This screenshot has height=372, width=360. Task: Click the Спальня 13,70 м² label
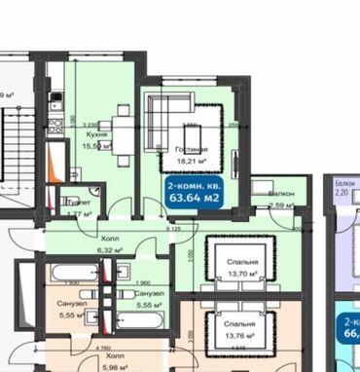(x=243, y=268)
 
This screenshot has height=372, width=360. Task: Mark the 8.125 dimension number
(x=176, y=229)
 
